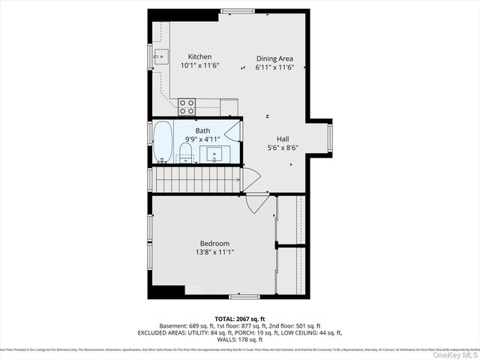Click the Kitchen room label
199,57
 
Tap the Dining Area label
274,58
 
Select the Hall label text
283,139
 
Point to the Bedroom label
214,243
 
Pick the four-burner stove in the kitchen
187,106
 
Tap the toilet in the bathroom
186,154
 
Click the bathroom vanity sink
214,154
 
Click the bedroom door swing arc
256,202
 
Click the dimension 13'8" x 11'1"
214,252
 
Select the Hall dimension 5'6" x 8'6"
283,148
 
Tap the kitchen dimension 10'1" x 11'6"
199,66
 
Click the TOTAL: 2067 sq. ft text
240,319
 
